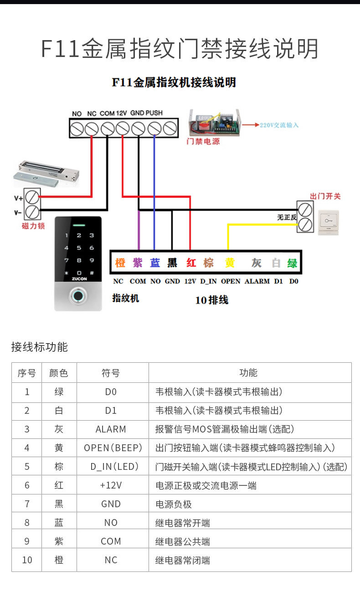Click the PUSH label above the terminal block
pos(154,113)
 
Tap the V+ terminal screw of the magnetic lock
pos(32,197)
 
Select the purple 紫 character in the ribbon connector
pos(138,262)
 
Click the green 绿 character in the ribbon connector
pos(292,262)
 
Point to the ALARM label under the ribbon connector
pos(257,281)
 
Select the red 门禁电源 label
pos(203,142)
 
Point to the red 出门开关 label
pos(325,196)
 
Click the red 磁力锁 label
pos(33,226)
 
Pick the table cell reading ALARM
pos(111,429)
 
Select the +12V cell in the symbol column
pos(111,485)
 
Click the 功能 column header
pos(248,373)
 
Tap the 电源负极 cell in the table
pos(174,504)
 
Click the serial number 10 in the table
pos(27,560)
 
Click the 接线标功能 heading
pos(39,347)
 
